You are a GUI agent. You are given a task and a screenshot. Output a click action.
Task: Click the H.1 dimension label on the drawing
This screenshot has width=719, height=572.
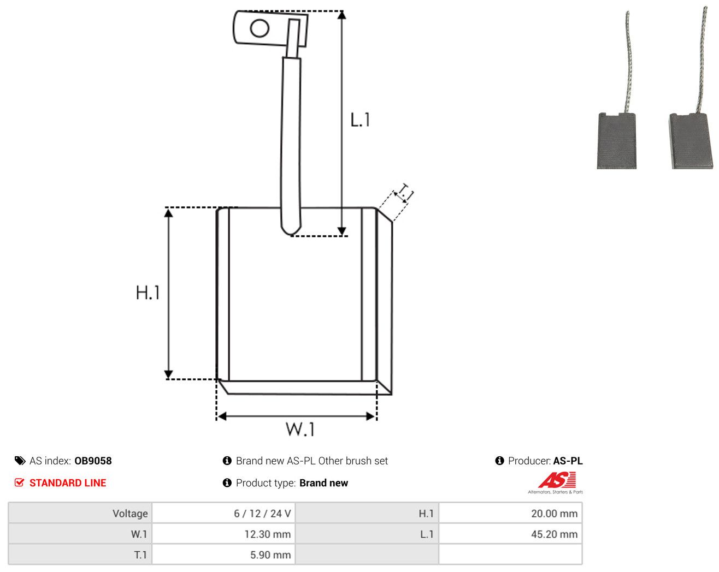point(148,293)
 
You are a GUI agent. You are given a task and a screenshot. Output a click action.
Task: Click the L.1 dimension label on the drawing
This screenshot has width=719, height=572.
point(360,120)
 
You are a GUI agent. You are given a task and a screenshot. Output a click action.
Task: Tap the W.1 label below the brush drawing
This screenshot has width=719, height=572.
point(300,429)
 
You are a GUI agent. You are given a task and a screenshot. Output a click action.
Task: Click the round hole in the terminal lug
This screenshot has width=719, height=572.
point(260,28)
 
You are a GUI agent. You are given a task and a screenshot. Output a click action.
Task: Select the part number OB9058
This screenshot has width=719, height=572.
point(93,461)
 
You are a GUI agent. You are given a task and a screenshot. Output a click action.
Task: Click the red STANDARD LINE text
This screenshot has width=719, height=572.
point(68,482)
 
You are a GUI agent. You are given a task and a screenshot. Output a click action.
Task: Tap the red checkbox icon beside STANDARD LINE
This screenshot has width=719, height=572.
point(19,482)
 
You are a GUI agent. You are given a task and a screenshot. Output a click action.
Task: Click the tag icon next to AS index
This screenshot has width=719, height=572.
point(20,461)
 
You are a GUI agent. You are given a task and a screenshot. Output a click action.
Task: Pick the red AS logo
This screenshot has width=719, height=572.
point(557,480)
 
